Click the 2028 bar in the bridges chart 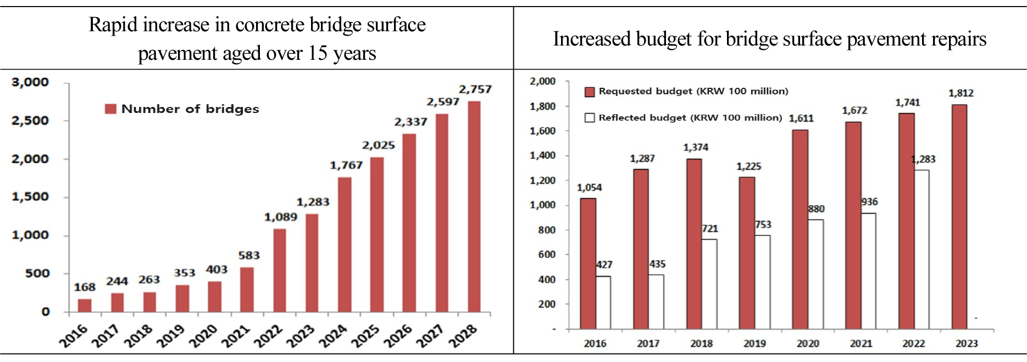474,207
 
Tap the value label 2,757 475,89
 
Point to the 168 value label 85,287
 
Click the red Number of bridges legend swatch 110,109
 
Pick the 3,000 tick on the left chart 30,83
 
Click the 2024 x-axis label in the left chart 333,336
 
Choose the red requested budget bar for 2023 959,217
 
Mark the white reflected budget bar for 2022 921,250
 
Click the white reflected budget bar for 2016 603,302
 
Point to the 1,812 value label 961,93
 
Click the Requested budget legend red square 590,92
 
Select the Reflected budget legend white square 590,118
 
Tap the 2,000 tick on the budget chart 542,82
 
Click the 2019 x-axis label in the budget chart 754,344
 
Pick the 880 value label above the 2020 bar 816,209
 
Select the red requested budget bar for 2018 694,244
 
